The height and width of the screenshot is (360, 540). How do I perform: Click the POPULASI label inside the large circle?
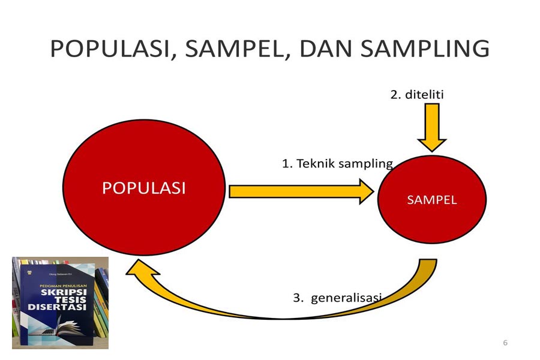coord(143,188)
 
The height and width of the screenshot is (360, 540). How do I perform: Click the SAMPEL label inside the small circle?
coord(431,200)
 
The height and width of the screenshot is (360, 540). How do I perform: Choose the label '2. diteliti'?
coord(417,94)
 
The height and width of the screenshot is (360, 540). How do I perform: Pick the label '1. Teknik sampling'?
coord(337,163)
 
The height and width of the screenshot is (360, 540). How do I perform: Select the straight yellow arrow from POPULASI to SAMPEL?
coord(300,191)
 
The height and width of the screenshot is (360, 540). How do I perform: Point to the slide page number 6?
coord(505,343)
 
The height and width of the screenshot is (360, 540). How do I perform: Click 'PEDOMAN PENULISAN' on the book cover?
coord(55,287)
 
